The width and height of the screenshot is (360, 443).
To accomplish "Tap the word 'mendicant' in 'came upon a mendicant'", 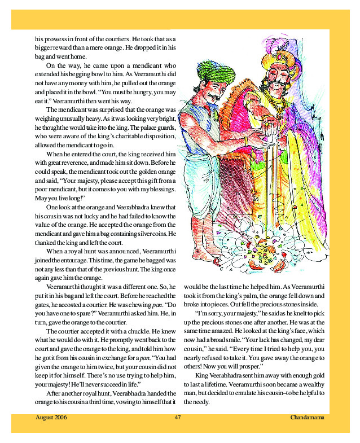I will point(146,65).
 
